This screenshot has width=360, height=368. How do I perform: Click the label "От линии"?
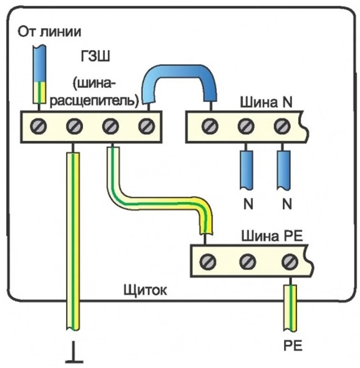click(x=50, y=32)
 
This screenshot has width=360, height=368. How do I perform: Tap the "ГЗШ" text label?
click(x=96, y=56)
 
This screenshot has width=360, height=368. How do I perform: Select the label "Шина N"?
click(x=266, y=102)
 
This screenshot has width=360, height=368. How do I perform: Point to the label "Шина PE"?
click(x=272, y=236)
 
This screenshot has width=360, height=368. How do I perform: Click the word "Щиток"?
click(x=145, y=291)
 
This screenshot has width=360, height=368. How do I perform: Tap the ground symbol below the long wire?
click(x=74, y=352)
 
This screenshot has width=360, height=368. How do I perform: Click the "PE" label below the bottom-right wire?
click(x=293, y=345)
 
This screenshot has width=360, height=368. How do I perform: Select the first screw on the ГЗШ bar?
click(x=39, y=126)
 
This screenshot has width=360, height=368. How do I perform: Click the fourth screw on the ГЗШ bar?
click(x=146, y=126)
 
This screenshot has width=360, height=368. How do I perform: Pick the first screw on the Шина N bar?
click(x=210, y=126)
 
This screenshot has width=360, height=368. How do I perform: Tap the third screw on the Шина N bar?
click(x=282, y=126)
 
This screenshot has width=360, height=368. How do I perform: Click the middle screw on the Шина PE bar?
click(x=248, y=261)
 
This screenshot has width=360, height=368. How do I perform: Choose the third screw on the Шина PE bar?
click(x=290, y=261)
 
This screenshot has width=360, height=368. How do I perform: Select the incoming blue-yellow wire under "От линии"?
click(x=39, y=74)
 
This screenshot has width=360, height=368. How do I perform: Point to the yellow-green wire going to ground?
click(x=73, y=241)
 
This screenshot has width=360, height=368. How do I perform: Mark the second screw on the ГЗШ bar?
click(x=75, y=126)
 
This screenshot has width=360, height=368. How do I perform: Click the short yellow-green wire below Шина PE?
click(x=291, y=307)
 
